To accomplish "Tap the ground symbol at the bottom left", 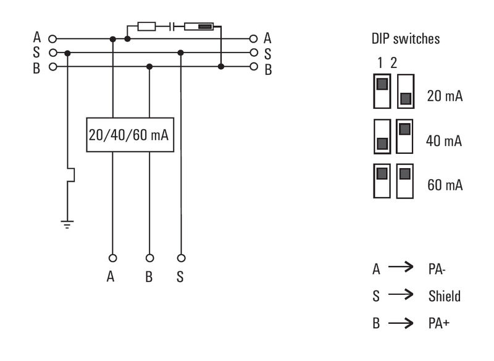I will [x=68, y=223].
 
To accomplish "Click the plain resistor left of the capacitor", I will [x=147, y=27].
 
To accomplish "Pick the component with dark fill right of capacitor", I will [x=198, y=27].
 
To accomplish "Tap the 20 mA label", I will [x=445, y=96].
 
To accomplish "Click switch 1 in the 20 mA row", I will [x=382, y=90].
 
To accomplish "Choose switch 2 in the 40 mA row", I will [x=405, y=136].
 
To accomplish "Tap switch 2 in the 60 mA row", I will [x=405, y=180].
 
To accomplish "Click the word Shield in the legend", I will [x=445, y=296].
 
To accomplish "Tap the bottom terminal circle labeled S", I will [x=181, y=257].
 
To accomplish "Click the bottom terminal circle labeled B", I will [x=149, y=257].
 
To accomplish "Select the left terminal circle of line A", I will [x=52, y=39].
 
